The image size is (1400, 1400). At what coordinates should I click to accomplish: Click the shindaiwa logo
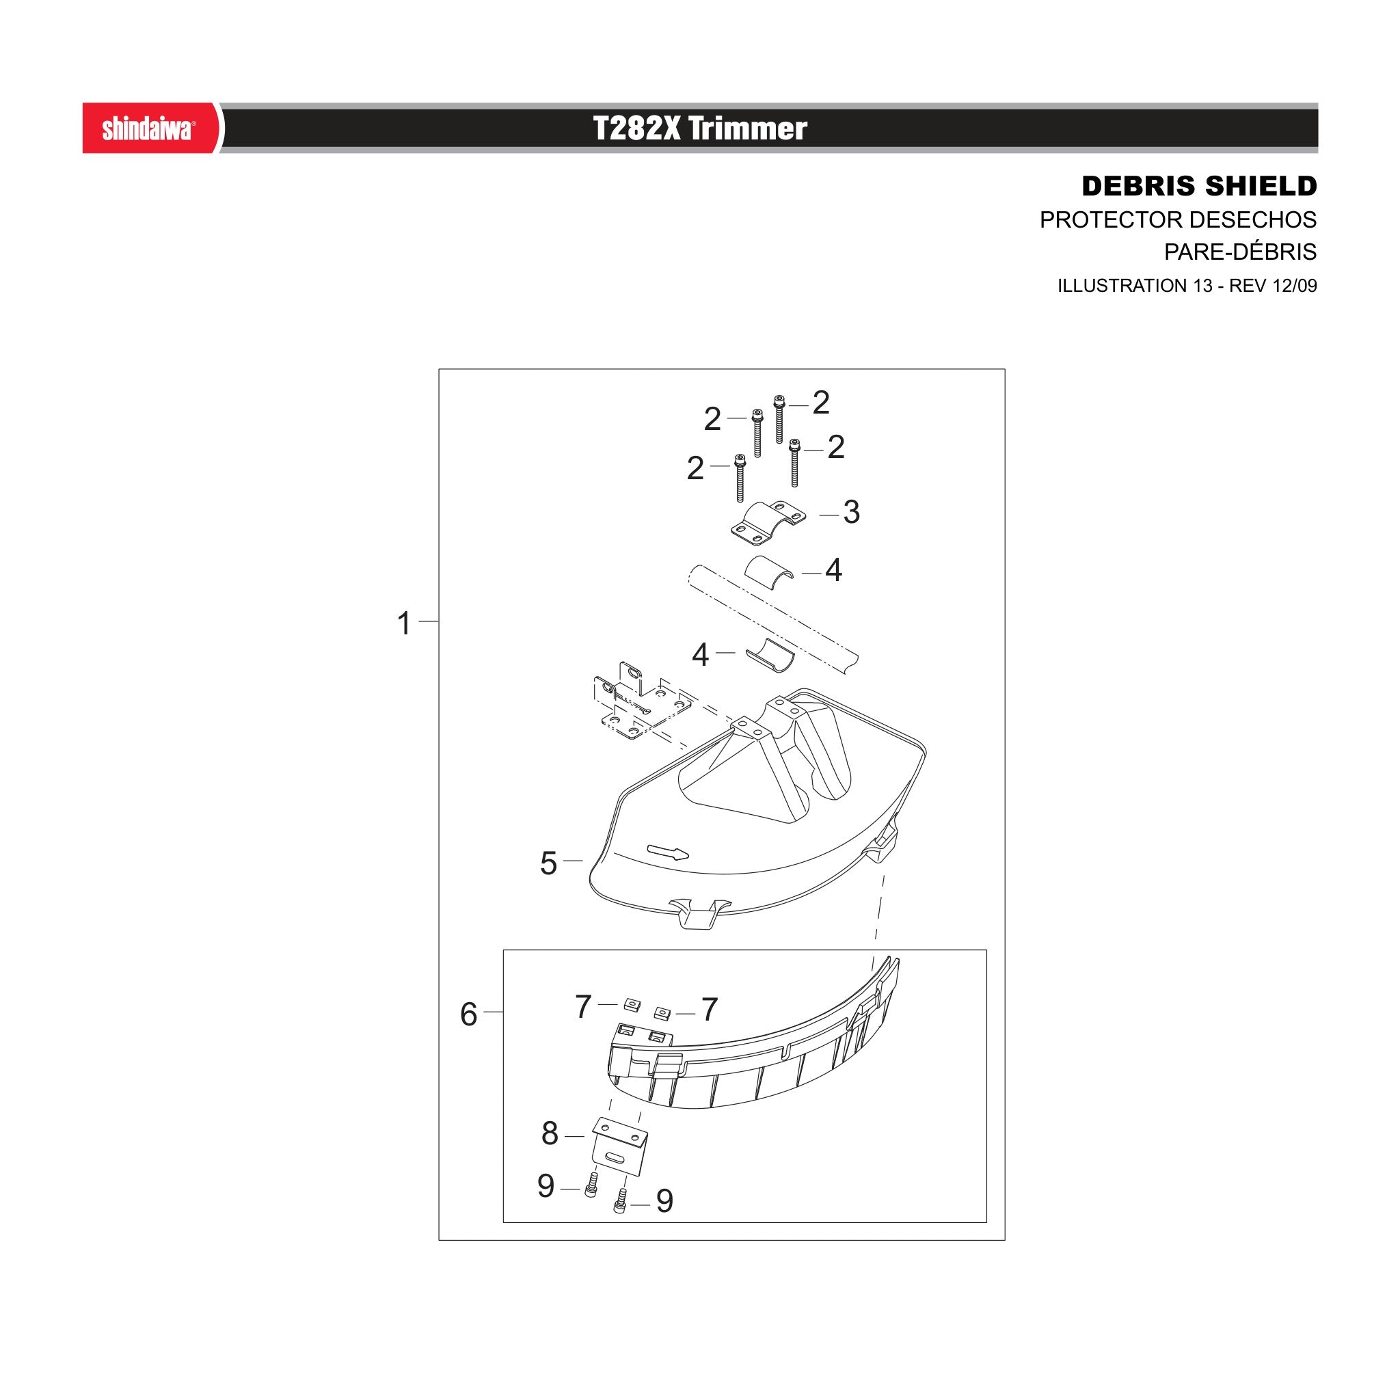pyautogui.click(x=148, y=129)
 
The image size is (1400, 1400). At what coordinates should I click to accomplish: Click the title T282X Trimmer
pyautogui.click(x=699, y=129)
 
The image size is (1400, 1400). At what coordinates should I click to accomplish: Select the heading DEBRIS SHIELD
pyautogui.click(x=1199, y=186)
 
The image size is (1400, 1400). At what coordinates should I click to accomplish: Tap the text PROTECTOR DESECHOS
pyautogui.click(x=1179, y=219)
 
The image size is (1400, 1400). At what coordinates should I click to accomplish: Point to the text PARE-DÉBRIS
pyautogui.click(x=1241, y=252)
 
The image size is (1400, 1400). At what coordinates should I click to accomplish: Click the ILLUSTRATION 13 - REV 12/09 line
pyautogui.click(x=1187, y=286)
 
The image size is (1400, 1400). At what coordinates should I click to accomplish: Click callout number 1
pyautogui.click(x=405, y=623)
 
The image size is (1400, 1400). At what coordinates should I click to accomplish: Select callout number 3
pyautogui.click(x=852, y=512)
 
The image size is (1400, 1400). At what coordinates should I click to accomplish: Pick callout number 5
pyautogui.click(x=548, y=864)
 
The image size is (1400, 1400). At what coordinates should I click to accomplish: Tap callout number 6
pyautogui.click(x=469, y=1014)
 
